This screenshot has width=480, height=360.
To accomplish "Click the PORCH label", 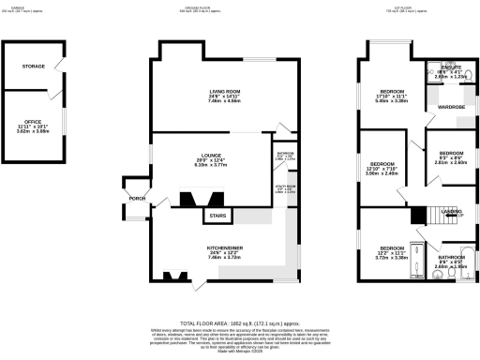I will (x=137, y=197).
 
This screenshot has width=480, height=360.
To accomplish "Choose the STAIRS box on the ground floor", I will (x=217, y=216).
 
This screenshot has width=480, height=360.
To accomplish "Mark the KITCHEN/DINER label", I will (x=225, y=247).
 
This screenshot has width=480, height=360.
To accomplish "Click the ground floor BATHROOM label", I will (x=285, y=153).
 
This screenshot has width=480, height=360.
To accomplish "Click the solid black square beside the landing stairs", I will (x=416, y=215).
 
